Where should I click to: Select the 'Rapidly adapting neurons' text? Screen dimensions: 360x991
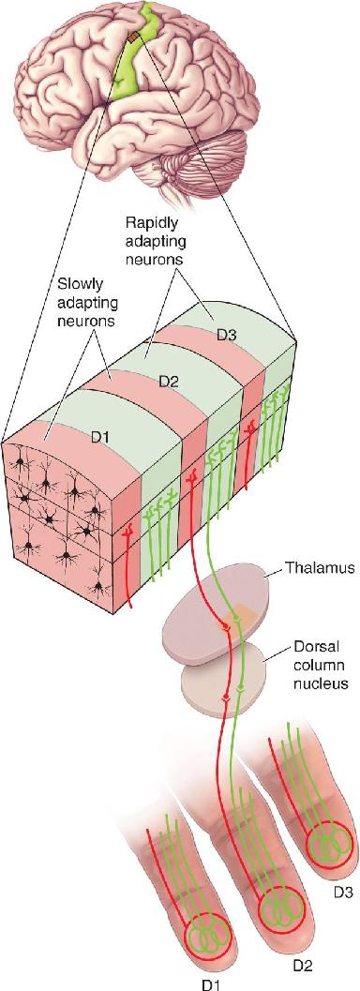click(151, 241)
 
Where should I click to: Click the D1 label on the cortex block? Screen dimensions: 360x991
click(99, 437)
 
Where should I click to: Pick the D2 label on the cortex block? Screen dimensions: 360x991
click(167, 382)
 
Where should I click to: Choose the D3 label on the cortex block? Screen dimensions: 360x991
click(227, 335)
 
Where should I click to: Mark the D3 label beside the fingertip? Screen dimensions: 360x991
click(341, 893)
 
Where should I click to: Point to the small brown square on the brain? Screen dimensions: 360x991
click(131, 39)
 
